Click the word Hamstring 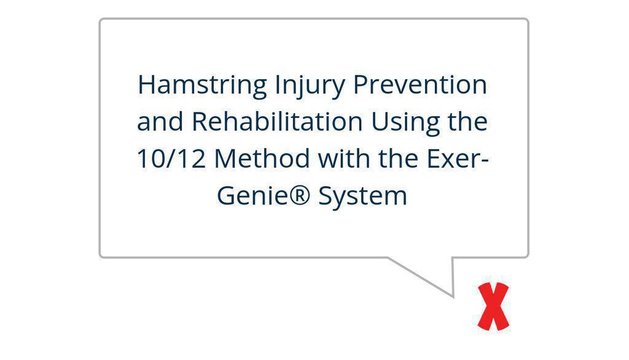click(202, 85)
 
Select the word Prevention click(420, 84)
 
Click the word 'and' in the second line click(160, 122)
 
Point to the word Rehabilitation click(277, 122)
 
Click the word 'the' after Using click(467, 122)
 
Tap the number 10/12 click(171, 158)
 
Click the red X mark click(493, 307)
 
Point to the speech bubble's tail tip click(453, 297)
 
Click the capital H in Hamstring click(147, 85)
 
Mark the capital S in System click(326, 196)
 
